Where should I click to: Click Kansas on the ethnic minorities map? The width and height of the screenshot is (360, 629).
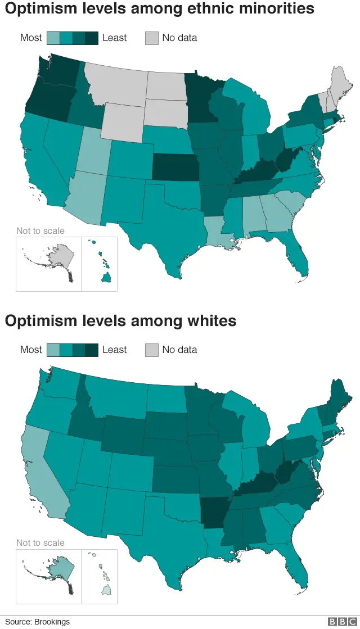coord(175,168)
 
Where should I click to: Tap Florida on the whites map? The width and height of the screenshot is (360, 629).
coord(296,568)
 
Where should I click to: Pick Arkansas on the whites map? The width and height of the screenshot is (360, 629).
coord(215,512)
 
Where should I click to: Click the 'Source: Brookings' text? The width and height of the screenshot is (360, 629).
coord(38,621)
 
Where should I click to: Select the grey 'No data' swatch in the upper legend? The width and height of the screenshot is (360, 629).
coord(152,38)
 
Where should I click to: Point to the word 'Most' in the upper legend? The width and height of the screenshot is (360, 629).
coord(31,38)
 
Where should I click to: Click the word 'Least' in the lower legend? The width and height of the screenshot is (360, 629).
coord(114,350)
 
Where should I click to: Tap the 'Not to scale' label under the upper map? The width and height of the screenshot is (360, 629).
coord(40,230)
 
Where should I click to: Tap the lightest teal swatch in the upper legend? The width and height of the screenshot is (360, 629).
coord(53,38)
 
